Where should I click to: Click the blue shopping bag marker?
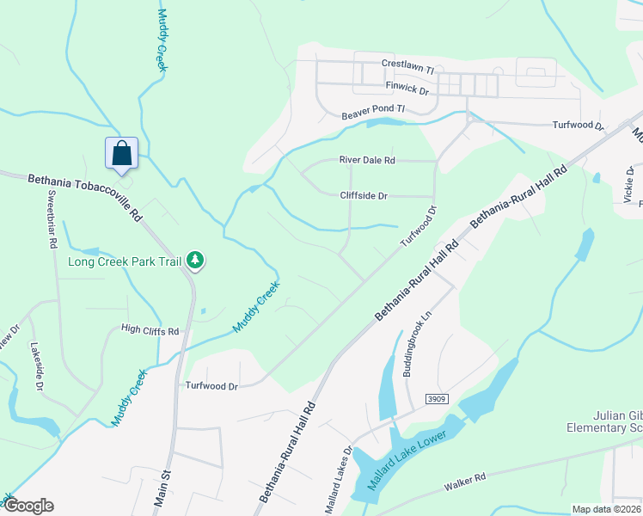click(x=121, y=153)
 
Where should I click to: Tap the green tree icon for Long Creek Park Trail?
click(x=196, y=261)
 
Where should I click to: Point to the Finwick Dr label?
click(x=407, y=88)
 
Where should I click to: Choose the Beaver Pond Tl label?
click(x=372, y=113)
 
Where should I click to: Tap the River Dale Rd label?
click(x=367, y=160)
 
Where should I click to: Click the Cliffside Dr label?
click(x=364, y=196)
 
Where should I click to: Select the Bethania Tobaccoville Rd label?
click(x=84, y=195)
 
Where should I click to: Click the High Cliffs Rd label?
click(x=150, y=330)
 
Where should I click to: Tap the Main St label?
click(x=162, y=487)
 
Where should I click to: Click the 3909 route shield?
click(x=438, y=399)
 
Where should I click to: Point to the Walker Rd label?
click(x=465, y=482)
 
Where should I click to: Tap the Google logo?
click(x=28, y=506)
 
